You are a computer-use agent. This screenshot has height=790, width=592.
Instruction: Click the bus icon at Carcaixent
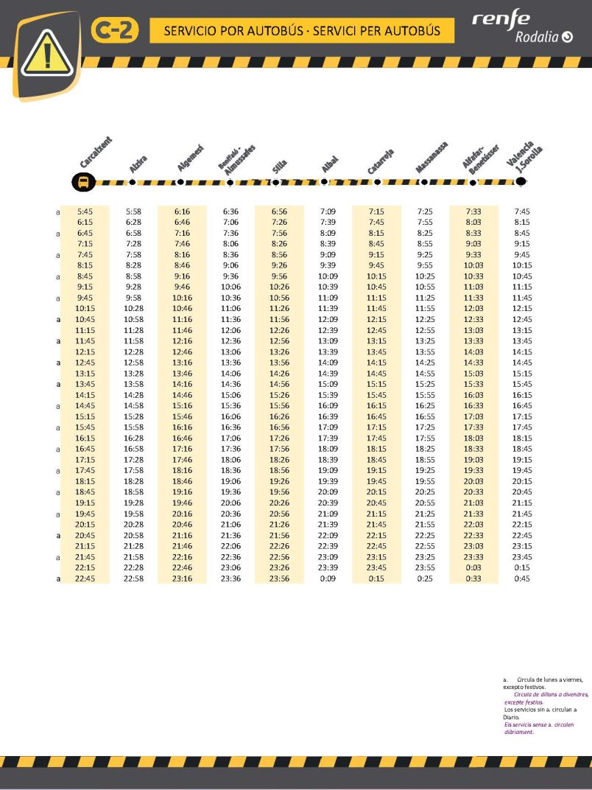(x=83, y=182)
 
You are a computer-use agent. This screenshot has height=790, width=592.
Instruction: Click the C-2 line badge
(x=114, y=31)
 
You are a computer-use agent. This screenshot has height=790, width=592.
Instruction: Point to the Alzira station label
(x=138, y=164)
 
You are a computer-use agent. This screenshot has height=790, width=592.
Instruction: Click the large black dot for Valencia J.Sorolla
(x=521, y=181)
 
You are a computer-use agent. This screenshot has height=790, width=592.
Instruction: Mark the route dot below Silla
(x=276, y=181)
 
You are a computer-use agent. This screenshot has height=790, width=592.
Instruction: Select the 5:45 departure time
(x=85, y=212)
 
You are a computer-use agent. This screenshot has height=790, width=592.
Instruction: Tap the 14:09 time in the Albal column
(x=328, y=363)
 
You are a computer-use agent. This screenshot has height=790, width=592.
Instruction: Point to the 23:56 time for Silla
(x=279, y=578)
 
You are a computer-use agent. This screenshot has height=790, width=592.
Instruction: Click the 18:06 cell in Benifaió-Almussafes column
(x=230, y=460)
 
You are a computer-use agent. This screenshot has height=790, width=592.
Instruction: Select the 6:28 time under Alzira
(x=133, y=222)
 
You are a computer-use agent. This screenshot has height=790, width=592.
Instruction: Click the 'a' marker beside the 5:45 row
(x=58, y=212)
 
